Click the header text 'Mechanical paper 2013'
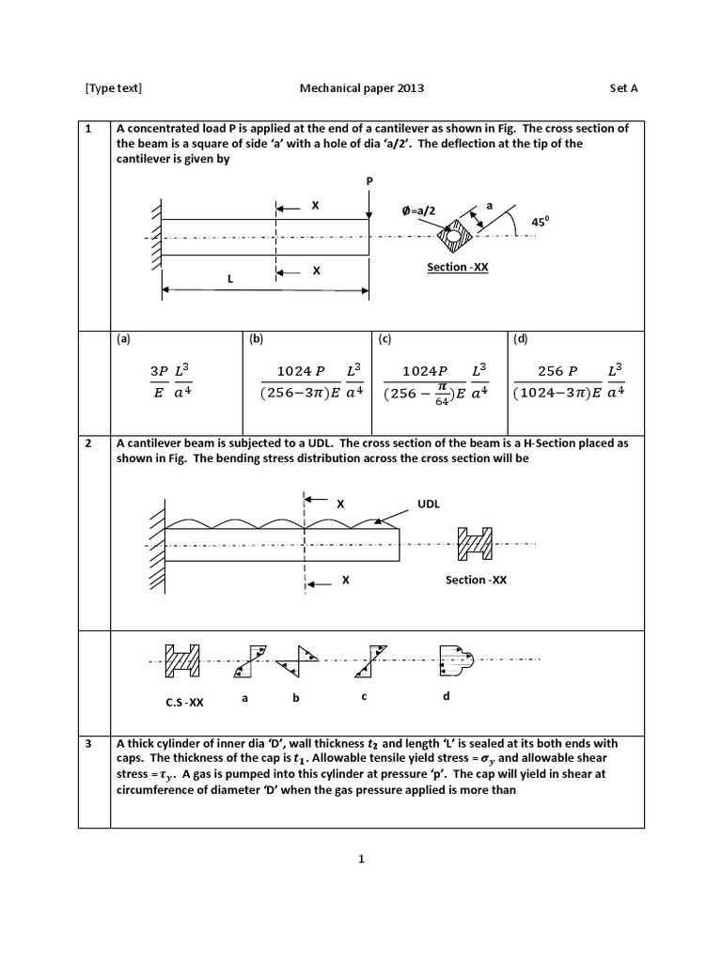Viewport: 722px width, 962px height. tap(361, 88)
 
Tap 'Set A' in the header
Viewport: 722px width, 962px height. tap(624, 88)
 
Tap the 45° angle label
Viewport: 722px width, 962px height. tap(539, 222)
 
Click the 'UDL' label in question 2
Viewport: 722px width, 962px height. tap(429, 504)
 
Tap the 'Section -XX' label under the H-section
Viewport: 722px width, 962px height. tap(476, 580)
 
